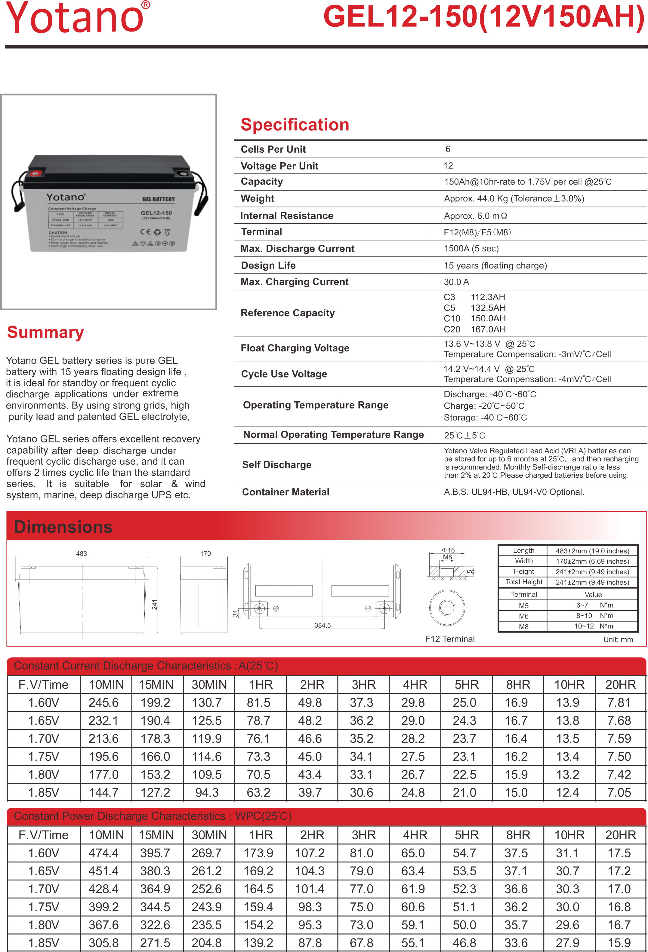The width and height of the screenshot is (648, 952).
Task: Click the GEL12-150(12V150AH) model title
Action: tap(484, 17)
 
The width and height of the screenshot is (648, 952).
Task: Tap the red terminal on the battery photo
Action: tap(34, 174)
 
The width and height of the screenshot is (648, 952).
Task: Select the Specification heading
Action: tap(295, 124)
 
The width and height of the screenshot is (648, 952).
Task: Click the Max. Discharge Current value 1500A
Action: tap(471, 249)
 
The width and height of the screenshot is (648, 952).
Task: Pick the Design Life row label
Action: tap(268, 265)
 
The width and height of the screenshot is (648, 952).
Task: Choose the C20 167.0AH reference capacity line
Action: tap(475, 329)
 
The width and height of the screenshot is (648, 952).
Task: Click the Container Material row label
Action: tap(286, 492)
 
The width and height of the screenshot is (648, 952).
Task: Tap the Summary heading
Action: tap(45, 332)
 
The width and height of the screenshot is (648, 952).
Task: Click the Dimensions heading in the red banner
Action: tap(63, 527)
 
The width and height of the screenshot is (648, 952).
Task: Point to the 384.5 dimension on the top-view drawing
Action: tap(322, 626)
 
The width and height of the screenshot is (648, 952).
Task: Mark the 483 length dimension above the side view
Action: tap(82, 553)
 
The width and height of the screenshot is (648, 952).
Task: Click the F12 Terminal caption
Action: tap(450, 639)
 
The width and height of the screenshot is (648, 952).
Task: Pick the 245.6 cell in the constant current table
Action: tap(104, 703)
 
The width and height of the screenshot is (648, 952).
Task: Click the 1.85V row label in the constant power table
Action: tap(43, 943)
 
